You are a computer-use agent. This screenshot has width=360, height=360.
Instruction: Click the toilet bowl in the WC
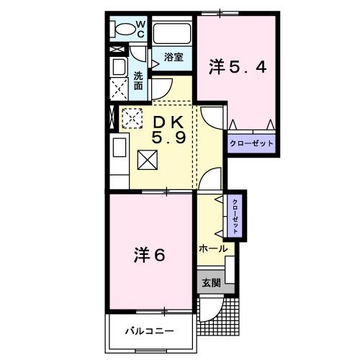(125, 30)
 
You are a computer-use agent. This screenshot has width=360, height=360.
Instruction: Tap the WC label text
(140, 29)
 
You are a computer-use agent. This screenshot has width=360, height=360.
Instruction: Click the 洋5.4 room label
(238, 67)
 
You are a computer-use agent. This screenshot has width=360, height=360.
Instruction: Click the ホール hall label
(212, 248)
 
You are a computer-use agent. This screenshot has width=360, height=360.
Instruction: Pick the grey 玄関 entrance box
(211, 282)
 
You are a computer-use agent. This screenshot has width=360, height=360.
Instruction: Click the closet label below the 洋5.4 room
(252, 143)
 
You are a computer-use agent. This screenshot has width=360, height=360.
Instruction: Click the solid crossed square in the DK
(147, 159)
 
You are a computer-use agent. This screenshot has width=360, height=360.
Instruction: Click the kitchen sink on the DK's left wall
(119, 153)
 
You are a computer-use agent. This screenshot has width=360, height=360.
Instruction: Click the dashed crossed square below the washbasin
(120, 89)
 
